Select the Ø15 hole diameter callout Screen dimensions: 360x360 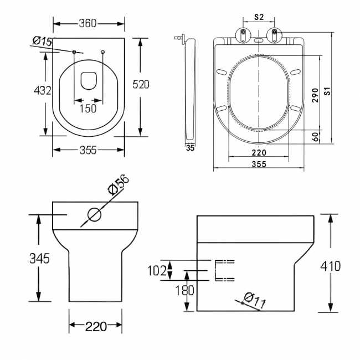43,41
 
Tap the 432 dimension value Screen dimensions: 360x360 43,91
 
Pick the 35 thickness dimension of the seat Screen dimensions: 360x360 190,148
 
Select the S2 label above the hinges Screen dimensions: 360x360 258,18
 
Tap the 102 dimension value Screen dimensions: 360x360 158,271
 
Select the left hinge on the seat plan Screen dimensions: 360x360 243,34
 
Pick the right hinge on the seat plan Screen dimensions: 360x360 274,34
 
